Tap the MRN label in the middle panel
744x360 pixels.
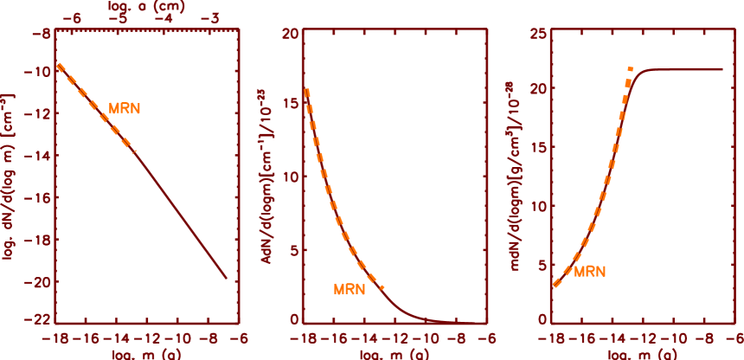click(x=350, y=289)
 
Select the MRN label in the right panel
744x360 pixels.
click(x=589, y=271)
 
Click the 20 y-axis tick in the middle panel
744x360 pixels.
click(x=290, y=33)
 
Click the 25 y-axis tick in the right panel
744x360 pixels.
click(x=537, y=33)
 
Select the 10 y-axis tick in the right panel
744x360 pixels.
click(x=537, y=207)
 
